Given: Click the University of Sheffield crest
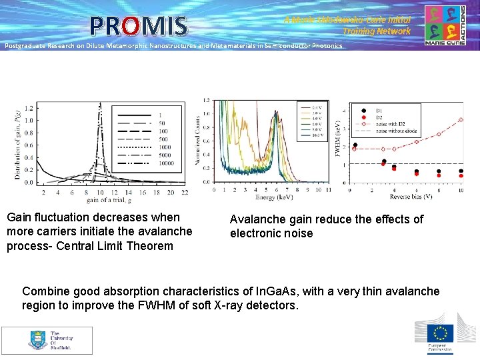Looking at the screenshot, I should click(38, 340).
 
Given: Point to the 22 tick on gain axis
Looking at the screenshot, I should click(185, 193).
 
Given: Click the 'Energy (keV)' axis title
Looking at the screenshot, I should click(274, 197).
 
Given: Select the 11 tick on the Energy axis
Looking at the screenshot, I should click(327, 190).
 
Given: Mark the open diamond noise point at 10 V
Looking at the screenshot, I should click(460, 120).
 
